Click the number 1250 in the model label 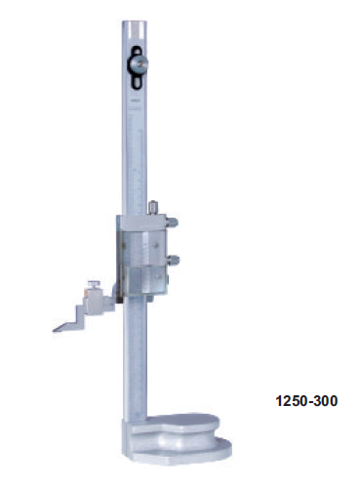292,401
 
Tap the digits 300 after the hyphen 325,401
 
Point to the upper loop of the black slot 137,51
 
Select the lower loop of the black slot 137,81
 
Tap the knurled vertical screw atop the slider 153,208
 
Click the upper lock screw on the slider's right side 172,223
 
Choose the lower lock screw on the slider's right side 173,260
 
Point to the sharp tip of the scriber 54,331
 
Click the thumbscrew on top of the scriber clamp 95,284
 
